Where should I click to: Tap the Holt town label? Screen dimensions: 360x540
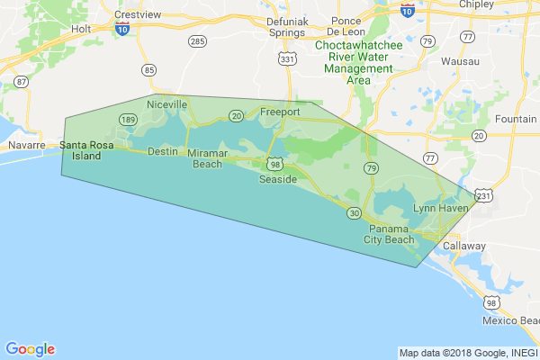click(82, 53)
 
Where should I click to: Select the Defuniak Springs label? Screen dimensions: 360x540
click(286, 26)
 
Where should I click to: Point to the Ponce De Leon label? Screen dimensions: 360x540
click(346, 26)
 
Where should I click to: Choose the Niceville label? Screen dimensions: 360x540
click(167, 104)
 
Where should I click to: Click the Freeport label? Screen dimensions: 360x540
click(279, 112)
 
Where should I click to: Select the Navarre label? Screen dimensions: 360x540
click(26, 145)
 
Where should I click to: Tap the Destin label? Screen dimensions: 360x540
click(163, 151)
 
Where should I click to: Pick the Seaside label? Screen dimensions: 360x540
click(277, 180)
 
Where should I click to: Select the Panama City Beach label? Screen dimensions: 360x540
click(390, 234)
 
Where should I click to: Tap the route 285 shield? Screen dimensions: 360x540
click(196, 41)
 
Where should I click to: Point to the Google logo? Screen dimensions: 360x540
click(30, 349)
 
